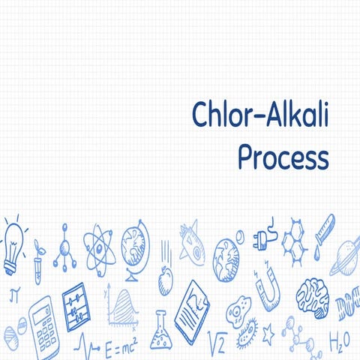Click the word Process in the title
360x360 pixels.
(283, 158)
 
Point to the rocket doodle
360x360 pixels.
(191, 241)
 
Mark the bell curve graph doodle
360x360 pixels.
(121, 307)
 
